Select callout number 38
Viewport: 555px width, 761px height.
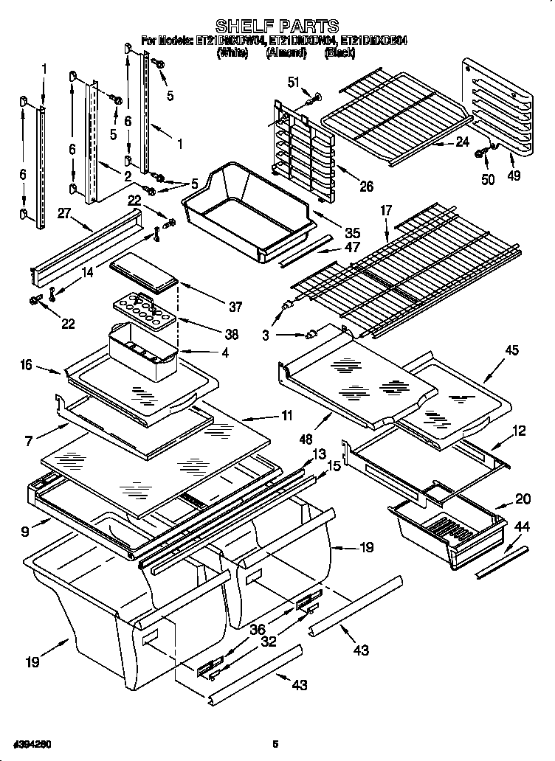(x=232, y=333)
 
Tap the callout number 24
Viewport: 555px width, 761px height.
(x=462, y=143)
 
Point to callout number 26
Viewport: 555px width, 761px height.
(x=366, y=187)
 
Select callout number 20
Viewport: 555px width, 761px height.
(x=523, y=499)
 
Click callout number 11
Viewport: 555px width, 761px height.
(x=286, y=416)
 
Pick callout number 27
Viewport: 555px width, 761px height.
(x=64, y=213)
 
